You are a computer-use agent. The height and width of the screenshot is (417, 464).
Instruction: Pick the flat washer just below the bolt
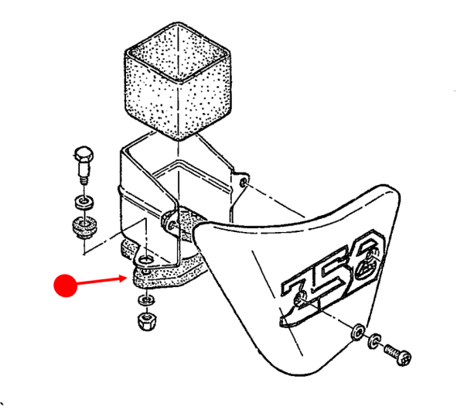click(81, 203)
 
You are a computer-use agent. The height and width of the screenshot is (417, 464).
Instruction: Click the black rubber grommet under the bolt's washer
click(81, 227)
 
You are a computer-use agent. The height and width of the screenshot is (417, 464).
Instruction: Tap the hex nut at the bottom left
click(145, 320)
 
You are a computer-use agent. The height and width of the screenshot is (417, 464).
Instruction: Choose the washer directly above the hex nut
click(144, 299)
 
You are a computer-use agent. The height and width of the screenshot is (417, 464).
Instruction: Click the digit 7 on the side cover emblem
click(300, 292)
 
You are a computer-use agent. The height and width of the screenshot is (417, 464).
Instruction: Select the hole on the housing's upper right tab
click(244, 183)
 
